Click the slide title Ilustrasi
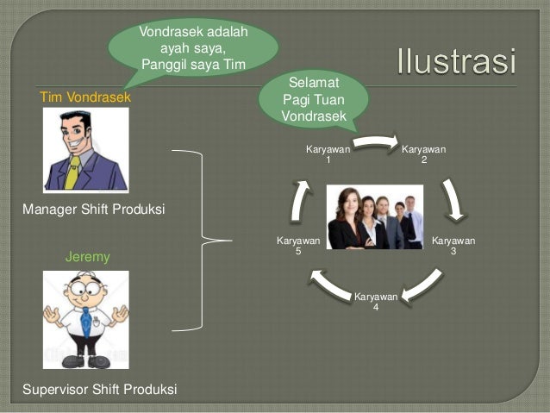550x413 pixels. tap(457, 63)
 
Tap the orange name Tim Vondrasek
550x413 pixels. tap(85, 97)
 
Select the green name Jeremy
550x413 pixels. tap(87, 257)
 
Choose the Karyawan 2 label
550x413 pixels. tap(424, 154)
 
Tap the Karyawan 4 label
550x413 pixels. tap(376, 302)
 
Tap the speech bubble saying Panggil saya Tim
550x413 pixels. tap(193, 47)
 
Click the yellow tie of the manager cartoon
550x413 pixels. tap(73, 172)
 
